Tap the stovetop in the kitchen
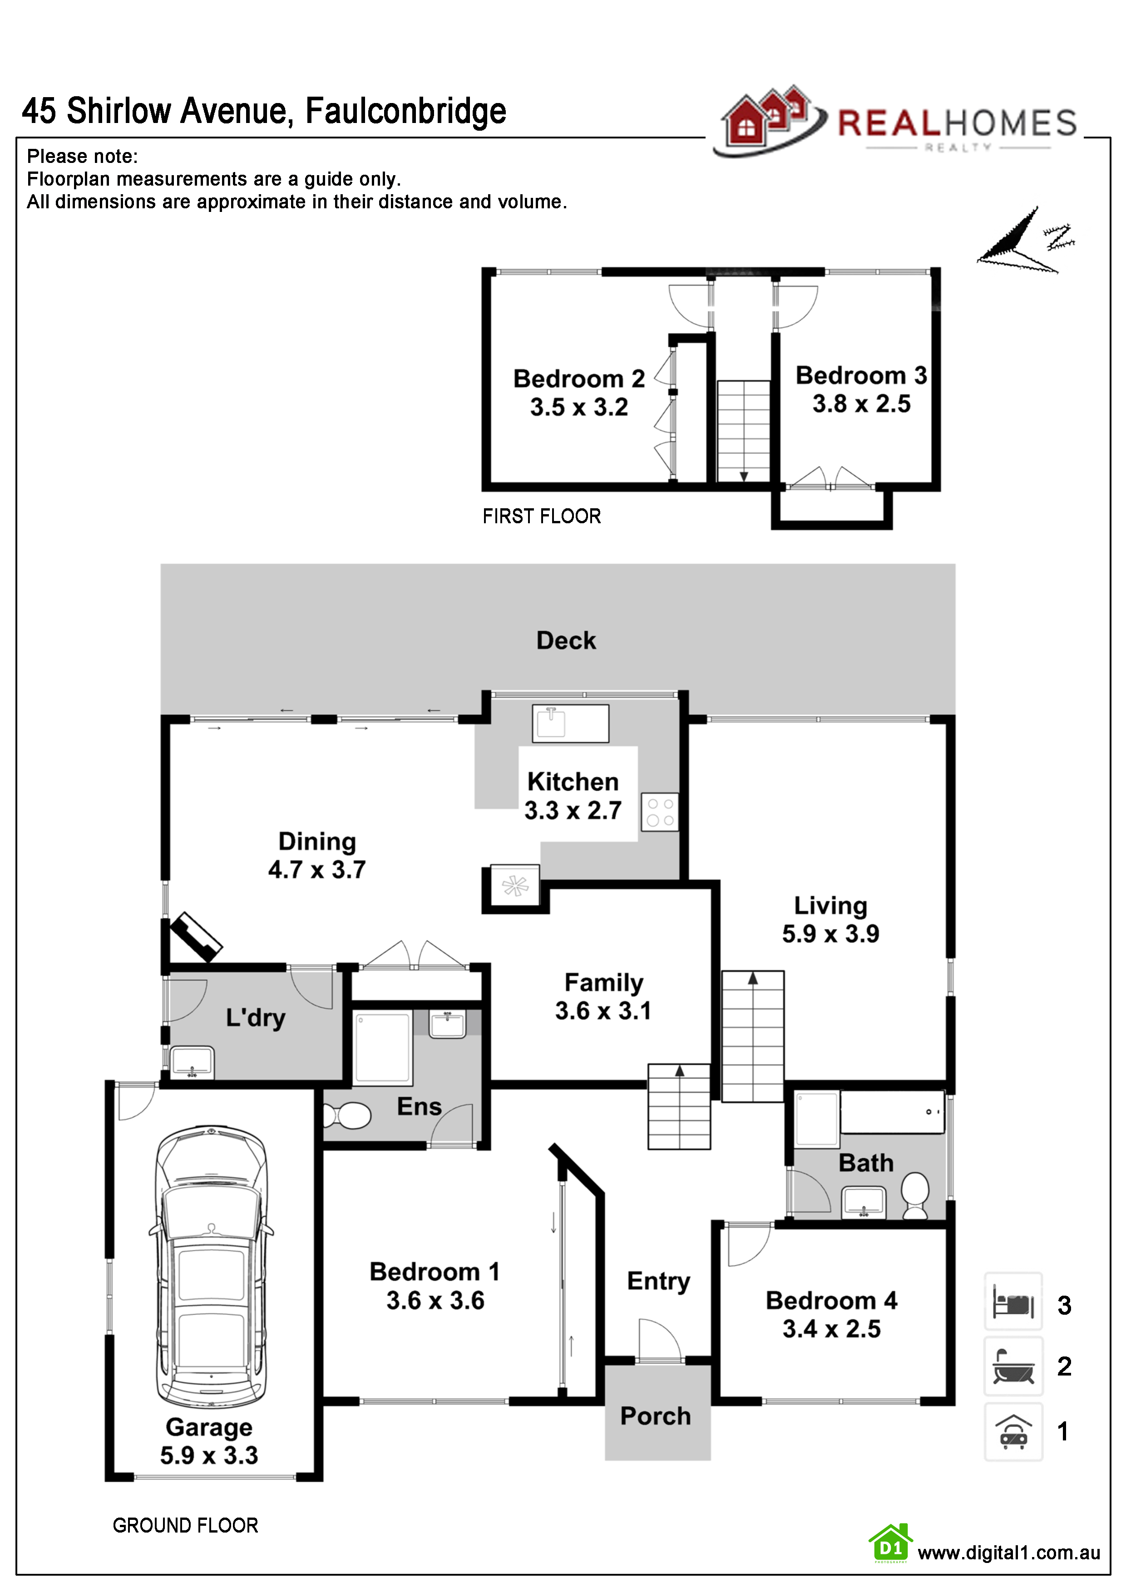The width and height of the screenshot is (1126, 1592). pyautogui.click(x=659, y=812)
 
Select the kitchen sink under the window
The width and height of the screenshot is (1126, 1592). pyautogui.click(x=570, y=723)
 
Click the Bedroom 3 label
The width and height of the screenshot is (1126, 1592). pyautogui.click(x=861, y=376)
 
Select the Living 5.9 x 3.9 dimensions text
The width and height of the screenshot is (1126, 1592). pyautogui.click(x=830, y=934)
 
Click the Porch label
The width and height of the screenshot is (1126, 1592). pyautogui.click(x=656, y=1416)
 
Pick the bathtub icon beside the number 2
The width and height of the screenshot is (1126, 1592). pyautogui.click(x=1013, y=1366)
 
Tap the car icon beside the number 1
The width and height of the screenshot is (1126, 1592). pyautogui.click(x=1013, y=1431)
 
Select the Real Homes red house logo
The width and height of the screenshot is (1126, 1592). pyautogui.click(x=766, y=118)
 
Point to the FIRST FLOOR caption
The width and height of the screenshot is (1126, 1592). pyautogui.click(x=542, y=516)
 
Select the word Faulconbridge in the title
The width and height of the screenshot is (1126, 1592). pyautogui.click(x=406, y=111)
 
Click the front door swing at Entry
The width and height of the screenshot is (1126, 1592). pyautogui.click(x=659, y=1341)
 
